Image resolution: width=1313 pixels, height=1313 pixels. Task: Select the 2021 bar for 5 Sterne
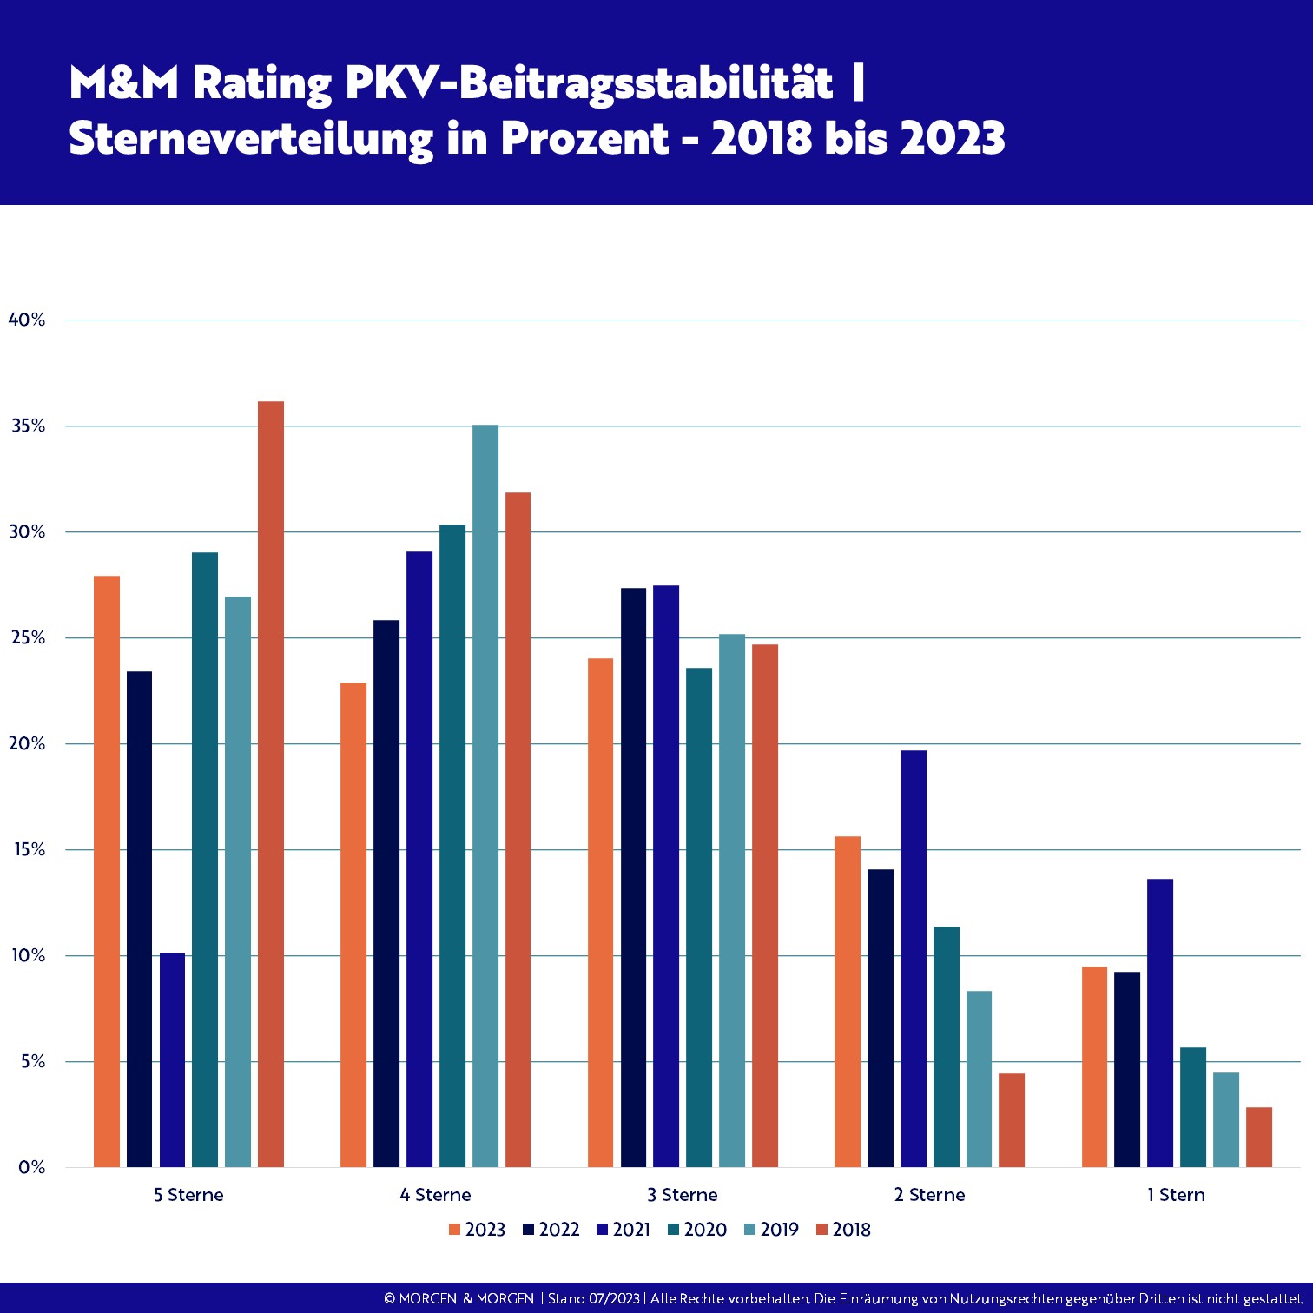tap(172, 1059)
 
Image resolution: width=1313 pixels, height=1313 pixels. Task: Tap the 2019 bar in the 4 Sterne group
tap(485, 795)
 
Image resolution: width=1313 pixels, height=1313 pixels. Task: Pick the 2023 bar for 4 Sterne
tap(353, 925)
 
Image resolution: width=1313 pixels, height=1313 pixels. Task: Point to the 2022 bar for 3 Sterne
tap(634, 877)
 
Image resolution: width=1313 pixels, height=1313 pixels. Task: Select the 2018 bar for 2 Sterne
tap(1012, 1120)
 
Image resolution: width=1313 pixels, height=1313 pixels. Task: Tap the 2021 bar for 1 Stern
tap(1160, 1023)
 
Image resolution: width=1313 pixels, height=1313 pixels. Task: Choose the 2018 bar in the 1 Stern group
tap(1259, 1137)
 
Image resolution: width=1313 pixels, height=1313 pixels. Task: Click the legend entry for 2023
tap(477, 1230)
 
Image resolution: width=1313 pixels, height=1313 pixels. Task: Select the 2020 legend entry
tap(697, 1230)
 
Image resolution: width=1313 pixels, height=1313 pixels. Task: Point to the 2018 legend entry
tap(843, 1230)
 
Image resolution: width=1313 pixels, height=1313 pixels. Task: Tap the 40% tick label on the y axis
tap(27, 320)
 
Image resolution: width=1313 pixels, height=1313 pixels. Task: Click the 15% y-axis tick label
tap(29, 849)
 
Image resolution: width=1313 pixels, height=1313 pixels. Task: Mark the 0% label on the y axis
tap(32, 1167)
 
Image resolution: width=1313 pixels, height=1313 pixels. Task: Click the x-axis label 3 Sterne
tap(683, 1195)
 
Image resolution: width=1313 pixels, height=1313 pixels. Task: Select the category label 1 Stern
tap(1177, 1195)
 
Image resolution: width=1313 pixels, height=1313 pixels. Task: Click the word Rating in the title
tap(261, 84)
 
